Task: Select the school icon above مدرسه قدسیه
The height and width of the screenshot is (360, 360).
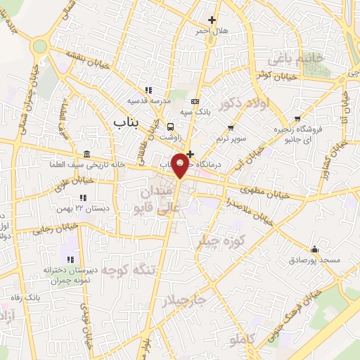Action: click(x=148, y=90)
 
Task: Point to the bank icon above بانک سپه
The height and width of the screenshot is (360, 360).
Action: click(x=195, y=101)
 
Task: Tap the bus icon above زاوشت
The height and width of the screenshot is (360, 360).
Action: click(x=171, y=127)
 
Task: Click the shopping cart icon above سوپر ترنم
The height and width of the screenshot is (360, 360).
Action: click(x=231, y=128)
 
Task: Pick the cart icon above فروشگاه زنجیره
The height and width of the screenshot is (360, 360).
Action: click(x=298, y=118)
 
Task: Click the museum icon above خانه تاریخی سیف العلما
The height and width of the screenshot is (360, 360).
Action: click(x=86, y=155)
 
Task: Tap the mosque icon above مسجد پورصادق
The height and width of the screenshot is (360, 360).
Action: click(x=314, y=249)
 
